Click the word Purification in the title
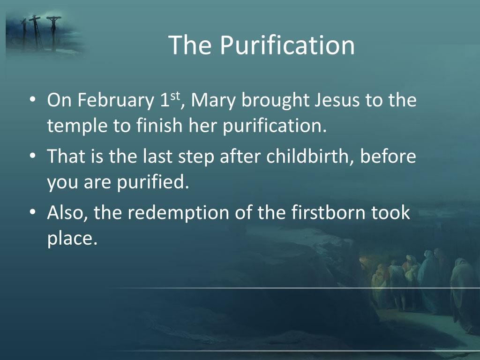point(287,45)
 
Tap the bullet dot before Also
point(32,213)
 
